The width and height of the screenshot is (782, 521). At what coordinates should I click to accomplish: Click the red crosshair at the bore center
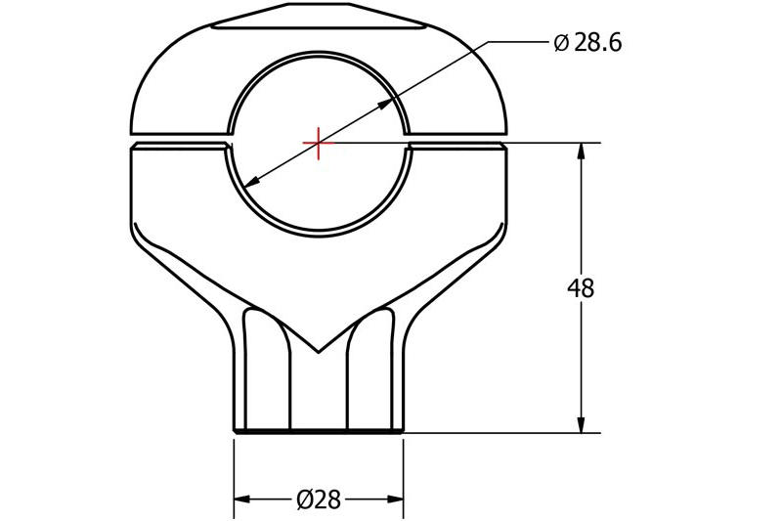click(x=318, y=143)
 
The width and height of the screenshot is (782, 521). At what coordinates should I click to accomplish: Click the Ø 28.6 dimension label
click(x=587, y=43)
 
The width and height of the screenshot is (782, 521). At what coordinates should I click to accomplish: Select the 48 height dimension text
click(x=581, y=288)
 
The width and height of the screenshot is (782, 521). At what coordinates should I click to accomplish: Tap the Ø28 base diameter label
click(x=318, y=500)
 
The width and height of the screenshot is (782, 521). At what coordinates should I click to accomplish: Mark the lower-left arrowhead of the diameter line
click(x=250, y=182)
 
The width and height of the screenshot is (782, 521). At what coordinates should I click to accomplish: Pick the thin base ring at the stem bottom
click(x=318, y=430)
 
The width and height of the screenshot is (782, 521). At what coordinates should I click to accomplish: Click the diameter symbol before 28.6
click(x=561, y=43)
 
